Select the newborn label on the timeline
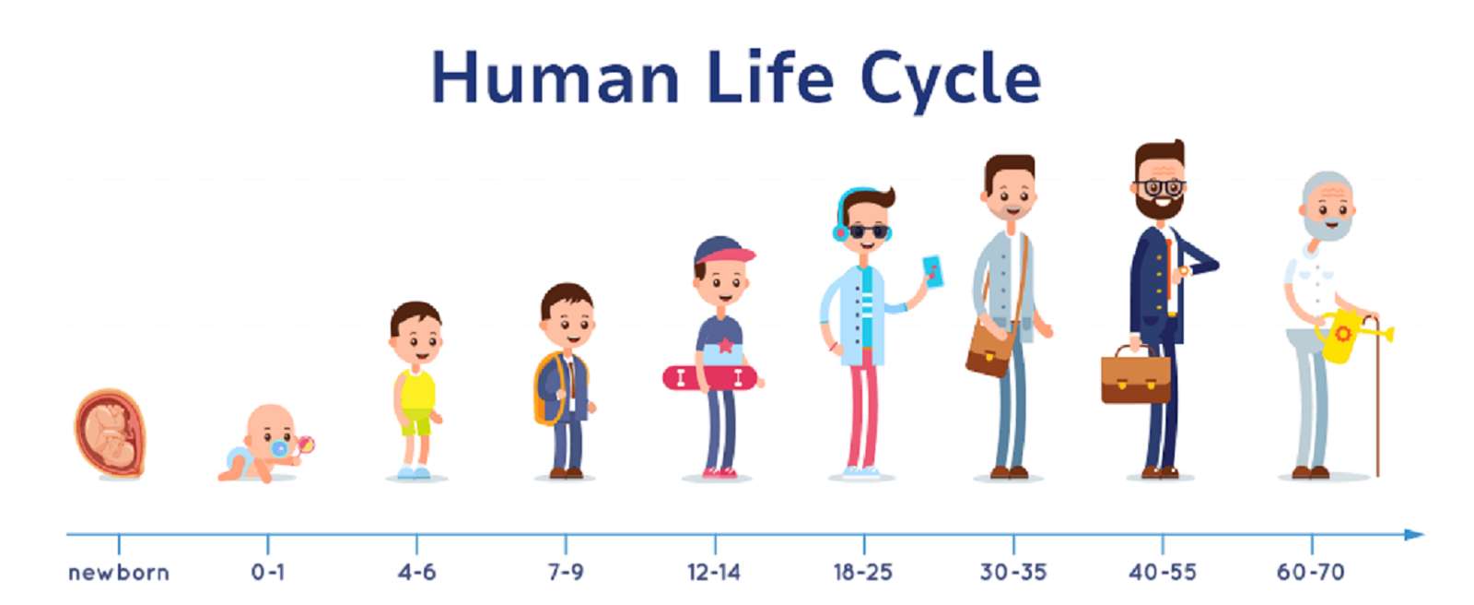(119, 572)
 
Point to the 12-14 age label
(714, 572)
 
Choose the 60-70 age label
(1311, 572)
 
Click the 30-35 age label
(1012, 572)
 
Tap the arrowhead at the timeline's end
(1414, 534)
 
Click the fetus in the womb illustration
(110, 433)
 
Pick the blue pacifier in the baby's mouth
(280, 448)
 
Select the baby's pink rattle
(305, 445)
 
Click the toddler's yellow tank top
(415, 390)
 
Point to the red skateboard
(710, 378)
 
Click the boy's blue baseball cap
(723, 252)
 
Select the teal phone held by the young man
(933, 271)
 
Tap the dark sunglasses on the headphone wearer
(870, 232)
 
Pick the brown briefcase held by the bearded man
(1136, 375)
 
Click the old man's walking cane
(1376, 396)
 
